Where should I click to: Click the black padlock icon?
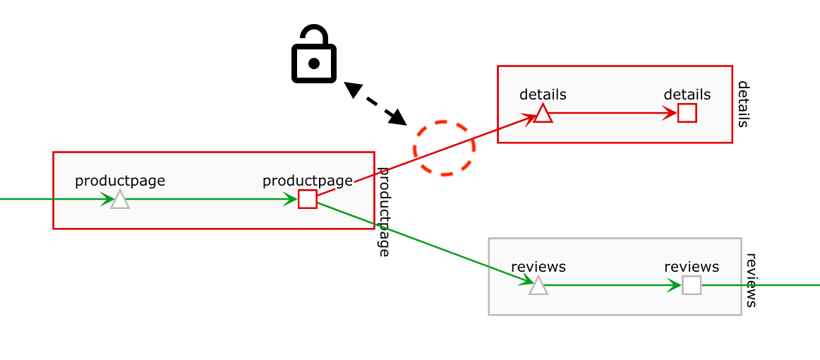pos(314,56)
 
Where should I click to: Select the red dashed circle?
pos(444,148)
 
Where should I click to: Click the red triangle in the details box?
pos(543,114)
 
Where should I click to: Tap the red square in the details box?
pos(687,113)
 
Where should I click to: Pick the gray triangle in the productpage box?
pos(120,200)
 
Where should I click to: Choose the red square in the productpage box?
pos(307,199)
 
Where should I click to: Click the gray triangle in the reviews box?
pos(538,286)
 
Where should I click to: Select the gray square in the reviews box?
pos(692,285)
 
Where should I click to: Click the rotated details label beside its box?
pos(743,104)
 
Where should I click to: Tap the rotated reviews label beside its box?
pos(752,280)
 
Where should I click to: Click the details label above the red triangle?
pos(543,94)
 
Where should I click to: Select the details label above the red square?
pos(687,94)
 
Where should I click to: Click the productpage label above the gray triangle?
pos(120,180)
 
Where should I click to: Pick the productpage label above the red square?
pos(307,180)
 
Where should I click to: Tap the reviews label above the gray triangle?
pos(538,267)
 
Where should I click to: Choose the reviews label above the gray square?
pos(692,267)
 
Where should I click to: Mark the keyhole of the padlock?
pos(314,64)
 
